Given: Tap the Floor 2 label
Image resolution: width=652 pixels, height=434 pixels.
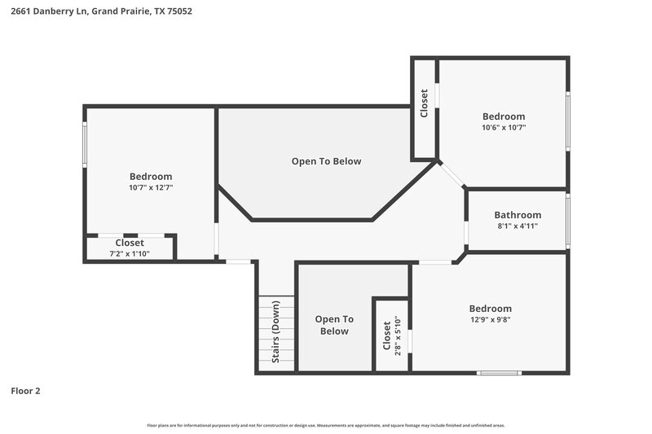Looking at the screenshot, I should pyautogui.click(x=25, y=391).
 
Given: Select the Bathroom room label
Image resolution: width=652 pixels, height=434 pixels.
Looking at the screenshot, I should pyautogui.click(x=518, y=215).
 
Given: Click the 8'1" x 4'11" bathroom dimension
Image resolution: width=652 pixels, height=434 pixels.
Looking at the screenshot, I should pyautogui.click(x=518, y=226).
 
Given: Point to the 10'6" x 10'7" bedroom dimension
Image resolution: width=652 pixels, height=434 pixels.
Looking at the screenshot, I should pyautogui.click(x=504, y=127).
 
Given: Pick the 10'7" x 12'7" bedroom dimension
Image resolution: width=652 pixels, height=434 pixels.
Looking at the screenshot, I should pyautogui.click(x=151, y=187).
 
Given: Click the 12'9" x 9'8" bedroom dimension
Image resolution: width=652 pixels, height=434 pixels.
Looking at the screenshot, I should pyautogui.click(x=490, y=319).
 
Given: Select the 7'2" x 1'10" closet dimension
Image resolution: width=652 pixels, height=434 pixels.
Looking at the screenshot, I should pyautogui.click(x=130, y=253).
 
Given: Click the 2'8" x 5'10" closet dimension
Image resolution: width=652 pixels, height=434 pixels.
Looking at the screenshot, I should pyautogui.click(x=397, y=334).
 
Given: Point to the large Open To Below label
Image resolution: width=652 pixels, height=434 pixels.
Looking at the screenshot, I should pyautogui.click(x=326, y=161).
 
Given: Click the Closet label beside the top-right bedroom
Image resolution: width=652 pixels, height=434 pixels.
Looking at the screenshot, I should pyautogui.click(x=424, y=103).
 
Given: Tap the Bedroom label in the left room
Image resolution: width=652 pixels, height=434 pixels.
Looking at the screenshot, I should pyautogui.click(x=151, y=177).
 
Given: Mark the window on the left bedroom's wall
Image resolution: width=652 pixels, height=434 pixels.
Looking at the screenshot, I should pyautogui.click(x=85, y=145).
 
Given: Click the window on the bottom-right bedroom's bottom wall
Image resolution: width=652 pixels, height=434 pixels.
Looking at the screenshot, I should pyautogui.click(x=499, y=373).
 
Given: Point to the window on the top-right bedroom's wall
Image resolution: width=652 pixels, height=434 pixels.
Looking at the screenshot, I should pyautogui.click(x=567, y=120).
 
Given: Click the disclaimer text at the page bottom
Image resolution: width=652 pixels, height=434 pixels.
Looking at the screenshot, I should pyautogui.click(x=326, y=425).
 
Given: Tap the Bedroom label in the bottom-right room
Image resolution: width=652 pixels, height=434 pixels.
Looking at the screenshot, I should pyautogui.click(x=490, y=309).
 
